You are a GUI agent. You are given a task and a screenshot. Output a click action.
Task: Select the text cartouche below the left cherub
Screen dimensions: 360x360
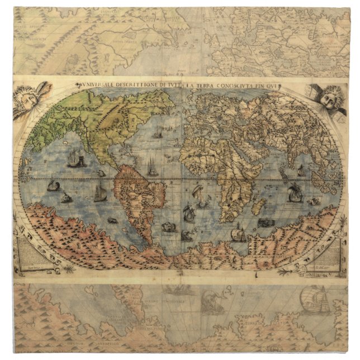pyautogui.click(x=32, y=251)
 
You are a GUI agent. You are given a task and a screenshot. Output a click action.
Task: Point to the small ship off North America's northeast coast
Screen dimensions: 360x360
pyautogui.click(x=159, y=133)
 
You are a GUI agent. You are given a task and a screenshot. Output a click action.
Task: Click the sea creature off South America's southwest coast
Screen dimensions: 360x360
pyautogui.click(x=112, y=220)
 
